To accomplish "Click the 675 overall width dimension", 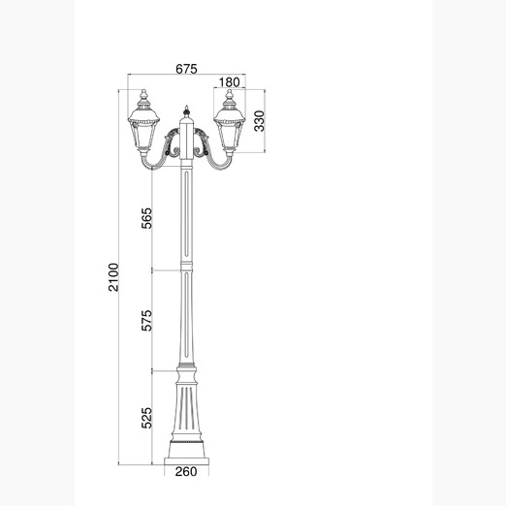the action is point(186,69).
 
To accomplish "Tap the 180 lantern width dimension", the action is point(230,82).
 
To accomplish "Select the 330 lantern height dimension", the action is point(259,121).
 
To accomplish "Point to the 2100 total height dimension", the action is point(113,277).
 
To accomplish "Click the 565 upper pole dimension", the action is point(146,218).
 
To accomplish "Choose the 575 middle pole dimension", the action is point(146,320).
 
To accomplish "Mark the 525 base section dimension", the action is point(146,418).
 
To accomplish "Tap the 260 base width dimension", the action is point(186,472).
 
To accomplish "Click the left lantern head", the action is point(143,123).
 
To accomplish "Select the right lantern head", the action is point(230,123).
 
